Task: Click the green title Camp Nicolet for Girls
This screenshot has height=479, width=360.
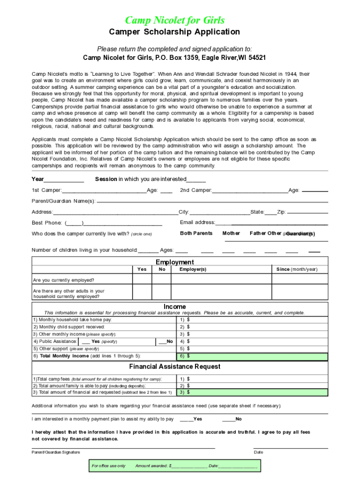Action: tap(174, 20)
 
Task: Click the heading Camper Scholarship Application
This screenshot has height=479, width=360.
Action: tap(174, 32)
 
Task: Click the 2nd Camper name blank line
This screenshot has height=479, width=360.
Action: tap(250, 191)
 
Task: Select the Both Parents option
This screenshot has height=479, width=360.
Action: tap(196, 233)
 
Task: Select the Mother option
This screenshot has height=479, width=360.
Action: tap(231, 233)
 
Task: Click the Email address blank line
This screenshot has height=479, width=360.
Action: tap(279, 223)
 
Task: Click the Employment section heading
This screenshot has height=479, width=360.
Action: tap(174, 262)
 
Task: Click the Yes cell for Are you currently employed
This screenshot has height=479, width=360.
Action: tap(142, 280)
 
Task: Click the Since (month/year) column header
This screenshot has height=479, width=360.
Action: tap(296, 269)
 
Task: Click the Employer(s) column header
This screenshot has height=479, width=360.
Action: tap(193, 269)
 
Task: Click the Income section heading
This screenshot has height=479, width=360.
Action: tap(174, 307)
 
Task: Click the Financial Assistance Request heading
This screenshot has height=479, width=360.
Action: tap(174, 366)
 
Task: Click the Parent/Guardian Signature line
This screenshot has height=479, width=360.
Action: tap(123, 448)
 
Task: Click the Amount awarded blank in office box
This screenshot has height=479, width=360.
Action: tap(189, 466)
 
